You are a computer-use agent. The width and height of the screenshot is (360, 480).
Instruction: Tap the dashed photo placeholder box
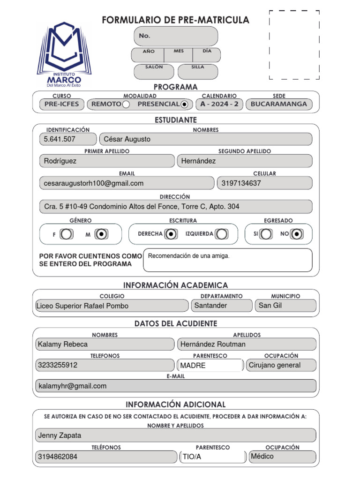294,44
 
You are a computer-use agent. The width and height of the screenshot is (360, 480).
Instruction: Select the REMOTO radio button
126,104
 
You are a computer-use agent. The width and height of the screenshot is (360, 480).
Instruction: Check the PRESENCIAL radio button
184,104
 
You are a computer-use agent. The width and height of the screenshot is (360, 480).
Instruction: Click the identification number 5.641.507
60,139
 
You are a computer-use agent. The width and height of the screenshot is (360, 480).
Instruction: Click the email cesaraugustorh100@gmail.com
94,183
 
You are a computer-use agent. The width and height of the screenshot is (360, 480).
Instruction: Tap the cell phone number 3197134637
241,183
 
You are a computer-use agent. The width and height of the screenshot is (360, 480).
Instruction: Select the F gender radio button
67,234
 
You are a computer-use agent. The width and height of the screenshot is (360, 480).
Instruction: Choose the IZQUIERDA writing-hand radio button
222,234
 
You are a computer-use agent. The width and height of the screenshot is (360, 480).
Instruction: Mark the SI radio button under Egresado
266,234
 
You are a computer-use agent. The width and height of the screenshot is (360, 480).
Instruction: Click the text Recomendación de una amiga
189,256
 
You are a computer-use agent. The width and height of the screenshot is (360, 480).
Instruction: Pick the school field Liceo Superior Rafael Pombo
82,306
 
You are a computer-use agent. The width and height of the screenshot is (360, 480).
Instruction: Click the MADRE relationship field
193,366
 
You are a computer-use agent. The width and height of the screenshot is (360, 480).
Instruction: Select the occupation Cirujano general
275,365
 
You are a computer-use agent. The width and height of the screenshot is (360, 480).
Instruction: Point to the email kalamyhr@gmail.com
73,386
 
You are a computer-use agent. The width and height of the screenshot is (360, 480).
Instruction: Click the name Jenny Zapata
60,435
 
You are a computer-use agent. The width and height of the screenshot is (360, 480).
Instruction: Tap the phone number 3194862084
58,457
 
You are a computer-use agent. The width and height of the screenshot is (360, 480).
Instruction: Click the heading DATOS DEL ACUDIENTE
176,324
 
